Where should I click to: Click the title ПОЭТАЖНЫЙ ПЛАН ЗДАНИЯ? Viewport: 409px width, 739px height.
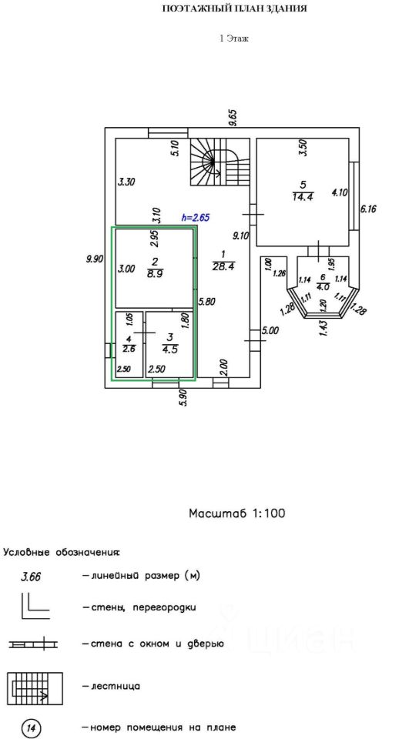[234, 9]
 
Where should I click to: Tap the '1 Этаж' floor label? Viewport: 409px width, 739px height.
[234, 39]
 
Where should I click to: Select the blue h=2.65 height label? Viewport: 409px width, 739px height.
[196, 218]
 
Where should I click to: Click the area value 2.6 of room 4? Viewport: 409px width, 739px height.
[129, 349]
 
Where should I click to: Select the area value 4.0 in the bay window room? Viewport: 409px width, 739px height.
[323, 285]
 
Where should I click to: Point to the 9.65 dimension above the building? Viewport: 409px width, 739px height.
[233, 117]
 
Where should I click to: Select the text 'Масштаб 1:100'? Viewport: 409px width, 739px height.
[236, 513]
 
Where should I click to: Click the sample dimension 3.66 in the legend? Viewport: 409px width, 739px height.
[30, 576]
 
